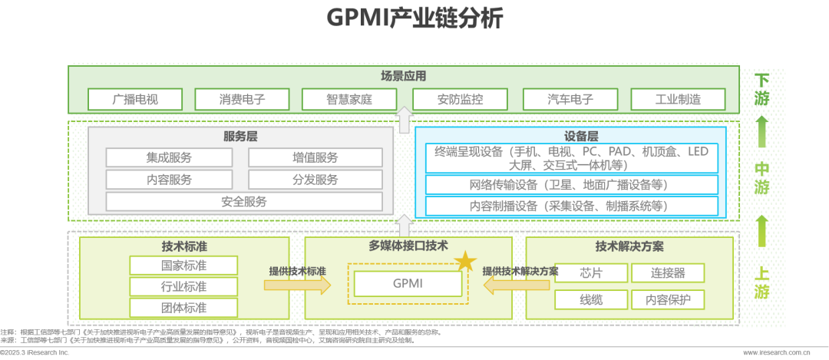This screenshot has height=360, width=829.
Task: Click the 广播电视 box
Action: click(135, 99)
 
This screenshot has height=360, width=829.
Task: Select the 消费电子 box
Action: click(242, 99)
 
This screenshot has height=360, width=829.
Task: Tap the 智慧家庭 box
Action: click(349, 99)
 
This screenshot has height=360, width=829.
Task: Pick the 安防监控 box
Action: click(460, 99)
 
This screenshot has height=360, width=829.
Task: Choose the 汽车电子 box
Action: click(570, 99)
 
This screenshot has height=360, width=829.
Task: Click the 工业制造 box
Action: click(678, 99)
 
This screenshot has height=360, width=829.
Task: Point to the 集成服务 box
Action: click(169, 157)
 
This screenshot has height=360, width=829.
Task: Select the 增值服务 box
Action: click(315, 157)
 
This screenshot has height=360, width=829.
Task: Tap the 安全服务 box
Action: click(244, 202)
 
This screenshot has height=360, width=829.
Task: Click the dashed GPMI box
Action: click(408, 283)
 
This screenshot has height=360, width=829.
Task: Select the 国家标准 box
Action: click(183, 266)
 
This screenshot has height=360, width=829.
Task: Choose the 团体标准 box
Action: click(183, 308)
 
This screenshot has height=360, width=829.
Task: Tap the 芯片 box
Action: click(591, 273)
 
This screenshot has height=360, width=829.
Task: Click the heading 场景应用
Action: click(403, 77)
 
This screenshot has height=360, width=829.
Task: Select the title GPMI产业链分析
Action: click(414, 18)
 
